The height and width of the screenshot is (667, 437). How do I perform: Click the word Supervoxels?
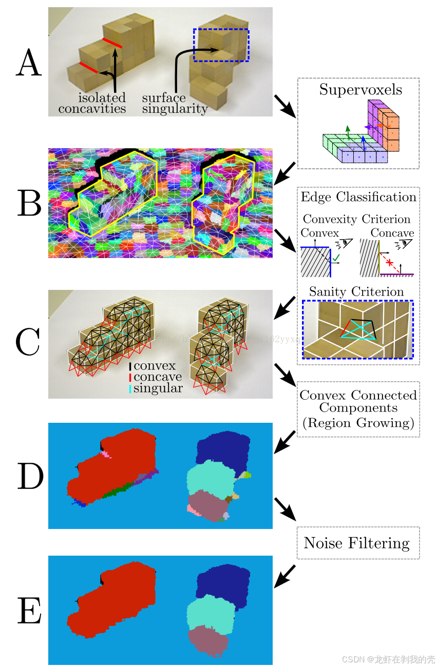[x=360, y=90]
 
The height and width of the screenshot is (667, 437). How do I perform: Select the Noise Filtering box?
[x=358, y=543]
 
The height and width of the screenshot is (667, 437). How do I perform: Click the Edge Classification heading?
[x=358, y=197]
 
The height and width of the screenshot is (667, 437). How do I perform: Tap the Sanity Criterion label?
[x=356, y=291]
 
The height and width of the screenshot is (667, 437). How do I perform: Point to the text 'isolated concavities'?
[x=92, y=103]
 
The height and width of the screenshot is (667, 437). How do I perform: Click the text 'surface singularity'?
[x=175, y=103]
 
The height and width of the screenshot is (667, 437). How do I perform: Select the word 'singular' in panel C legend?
[x=158, y=388]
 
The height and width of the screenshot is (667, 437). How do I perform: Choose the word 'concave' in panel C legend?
[x=158, y=377]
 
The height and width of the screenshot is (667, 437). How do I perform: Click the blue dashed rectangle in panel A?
[x=221, y=45]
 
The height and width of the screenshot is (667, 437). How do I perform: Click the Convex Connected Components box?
[x=358, y=409]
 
